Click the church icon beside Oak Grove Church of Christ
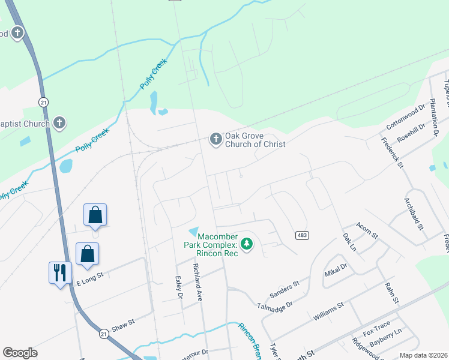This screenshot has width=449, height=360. point(215,139)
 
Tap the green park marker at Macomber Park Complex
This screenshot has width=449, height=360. point(246,244)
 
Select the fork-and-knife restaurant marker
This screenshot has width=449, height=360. point(60,273)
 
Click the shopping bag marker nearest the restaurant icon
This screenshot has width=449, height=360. point(88,253)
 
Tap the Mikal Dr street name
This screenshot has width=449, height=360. point(336,270)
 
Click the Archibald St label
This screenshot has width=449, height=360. point(414,214)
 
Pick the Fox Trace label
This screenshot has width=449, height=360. point(376,328)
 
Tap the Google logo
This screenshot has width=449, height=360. point(20,353)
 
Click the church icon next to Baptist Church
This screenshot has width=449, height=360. point(59,123)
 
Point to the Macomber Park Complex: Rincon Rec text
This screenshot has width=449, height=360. point(211,245)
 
